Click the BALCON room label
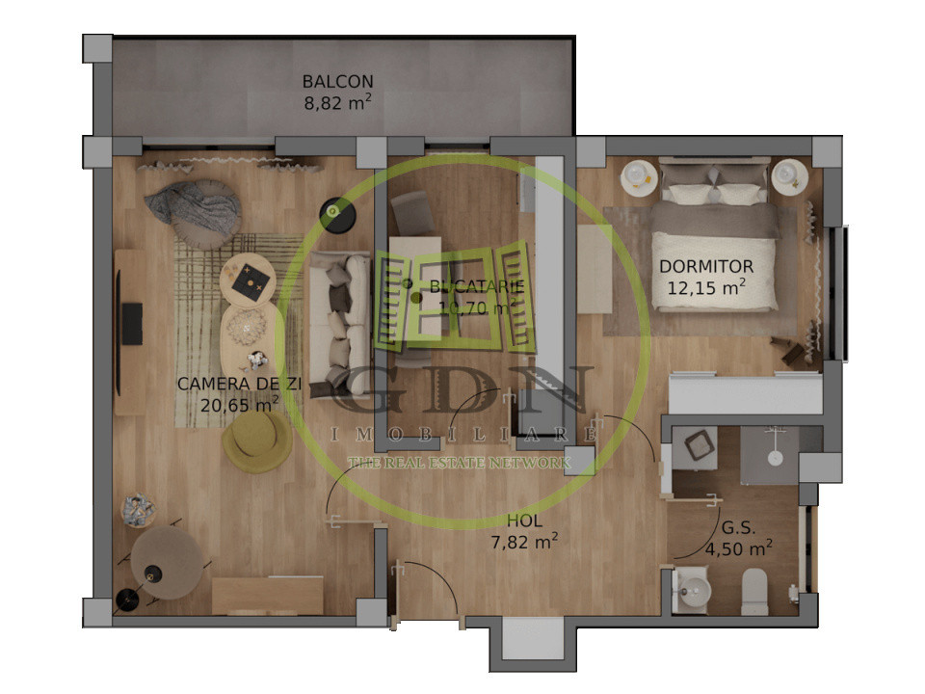click(x=337, y=82)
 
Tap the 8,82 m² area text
click(x=337, y=101)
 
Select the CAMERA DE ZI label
click(x=240, y=384)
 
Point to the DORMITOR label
click(x=706, y=266)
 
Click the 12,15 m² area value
click(x=706, y=286)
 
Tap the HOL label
click(x=523, y=521)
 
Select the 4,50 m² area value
click(x=738, y=549)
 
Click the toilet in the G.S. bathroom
click(x=754, y=590)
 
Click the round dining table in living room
click(x=167, y=563)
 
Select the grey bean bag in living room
click(x=196, y=209)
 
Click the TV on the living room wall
click(x=131, y=323)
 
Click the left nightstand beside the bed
click(x=638, y=176)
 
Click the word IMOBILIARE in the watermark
click(x=462, y=436)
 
